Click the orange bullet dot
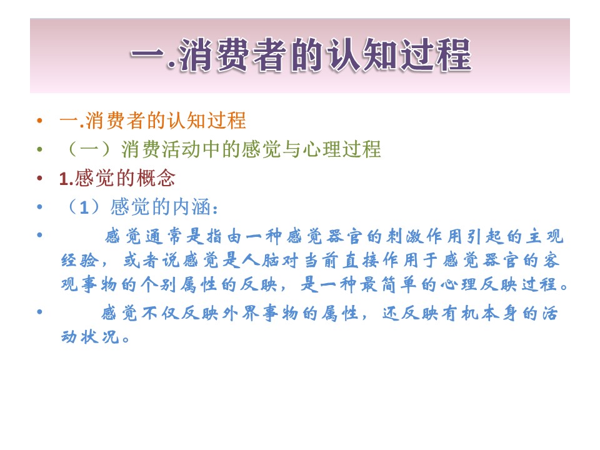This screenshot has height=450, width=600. click(39, 121)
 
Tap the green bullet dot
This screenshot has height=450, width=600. click(39, 149)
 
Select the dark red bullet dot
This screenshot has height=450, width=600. click(39, 178)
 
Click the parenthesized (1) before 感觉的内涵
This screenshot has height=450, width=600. click(84, 207)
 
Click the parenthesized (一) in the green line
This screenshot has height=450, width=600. click(89, 149)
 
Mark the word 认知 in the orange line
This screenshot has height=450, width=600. click(186, 121)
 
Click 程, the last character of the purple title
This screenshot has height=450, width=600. click(454, 55)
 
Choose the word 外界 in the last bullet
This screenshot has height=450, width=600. click(242, 314)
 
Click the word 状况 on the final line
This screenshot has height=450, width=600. click(101, 337)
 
